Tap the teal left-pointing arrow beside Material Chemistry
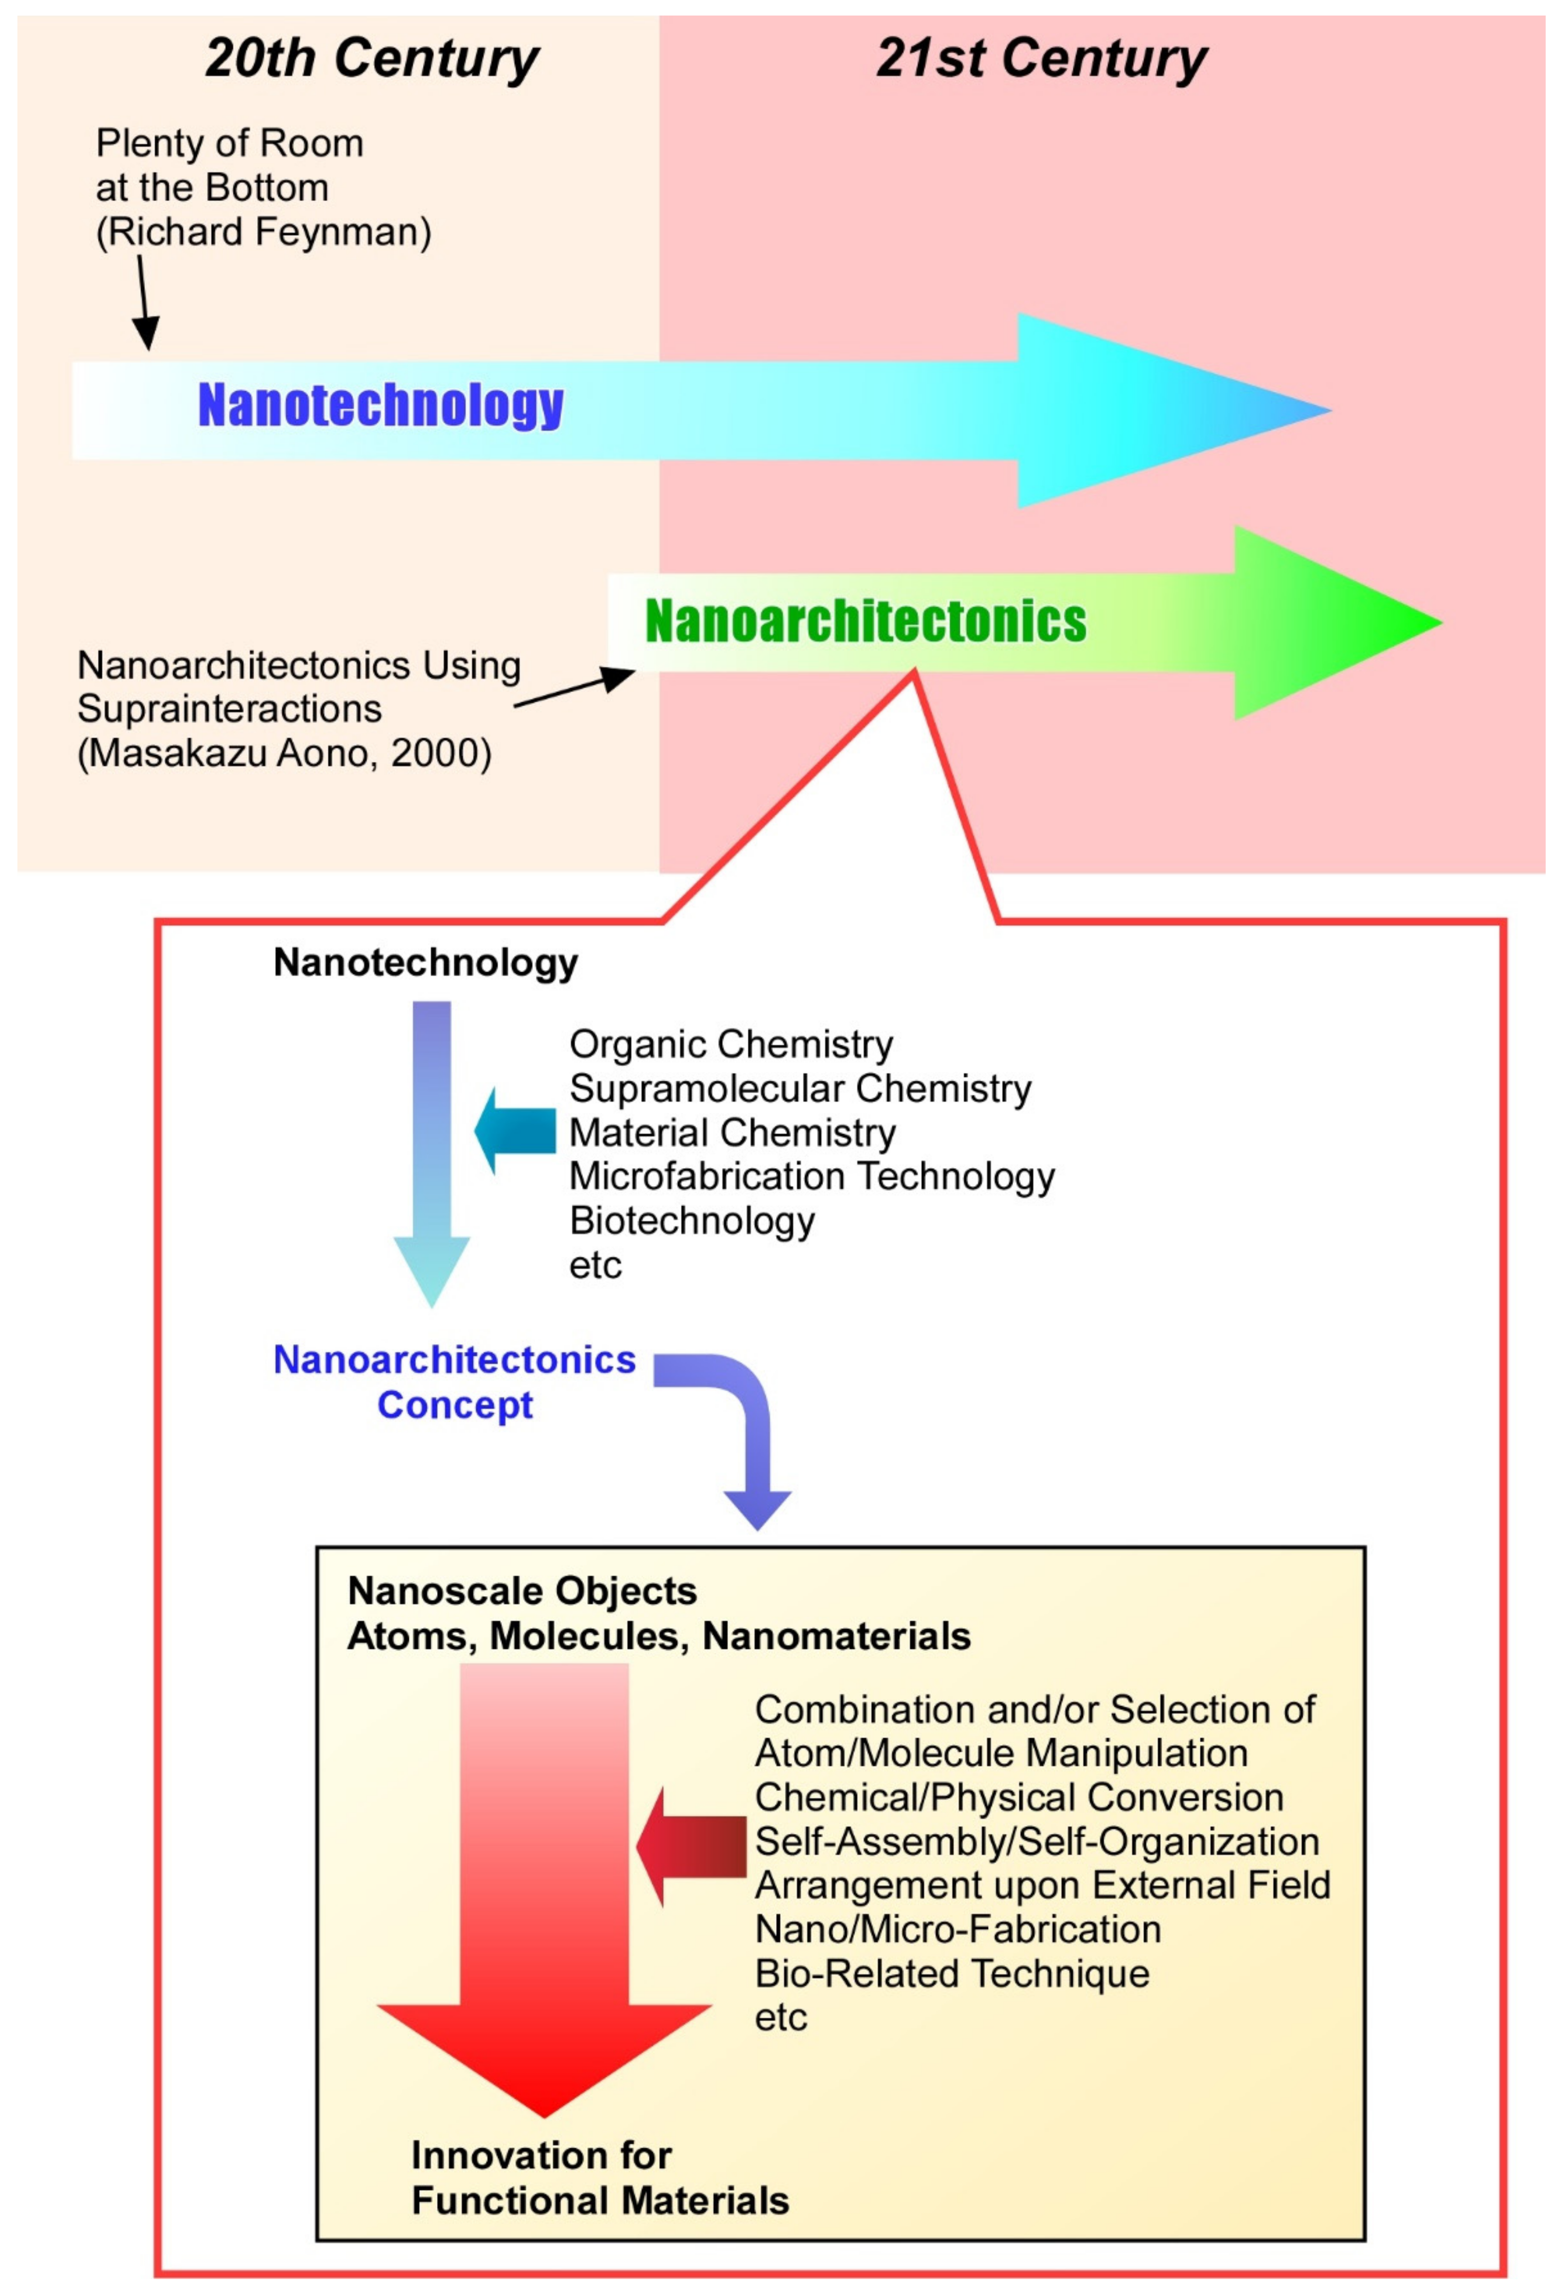516,1132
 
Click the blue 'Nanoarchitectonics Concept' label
454,1382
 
